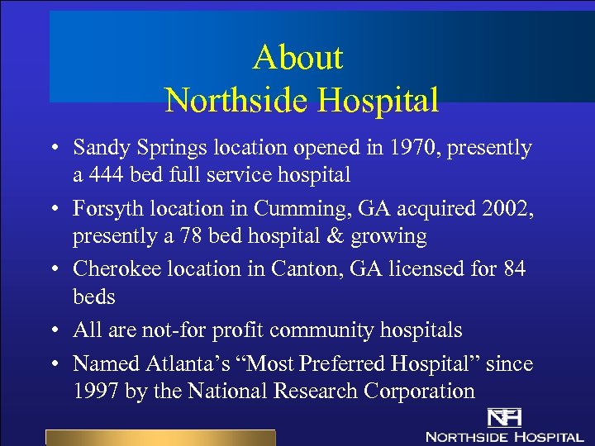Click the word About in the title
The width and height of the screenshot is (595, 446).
click(297, 58)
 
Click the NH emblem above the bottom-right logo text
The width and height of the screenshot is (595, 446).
click(502, 419)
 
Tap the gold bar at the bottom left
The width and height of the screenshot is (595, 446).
click(159, 438)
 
